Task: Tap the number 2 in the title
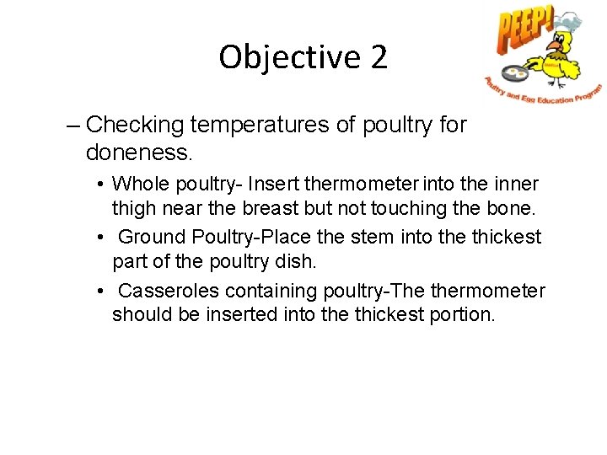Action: (379, 57)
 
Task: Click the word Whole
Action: (139, 184)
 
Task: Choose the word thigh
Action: (134, 207)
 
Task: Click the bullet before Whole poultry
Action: (100, 184)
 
